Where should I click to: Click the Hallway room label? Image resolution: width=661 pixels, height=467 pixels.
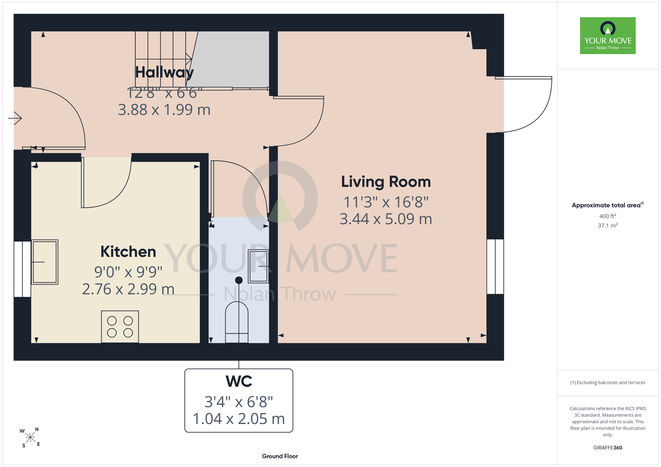click(x=164, y=73)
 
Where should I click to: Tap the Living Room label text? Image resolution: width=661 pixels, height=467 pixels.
click(x=386, y=182)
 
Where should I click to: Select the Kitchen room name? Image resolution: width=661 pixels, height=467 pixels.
click(x=128, y=252)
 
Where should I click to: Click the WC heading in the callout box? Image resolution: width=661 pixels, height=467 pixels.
click(x=239, y=381)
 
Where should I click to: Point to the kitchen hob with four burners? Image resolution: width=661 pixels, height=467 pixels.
click(x=120, y=327)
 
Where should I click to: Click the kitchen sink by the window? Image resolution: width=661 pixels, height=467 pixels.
click(x=45, y=262)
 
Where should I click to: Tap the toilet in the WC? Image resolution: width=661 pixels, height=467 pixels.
click(x=237, y=322)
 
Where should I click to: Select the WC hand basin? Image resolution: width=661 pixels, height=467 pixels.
click(x=258, y=266)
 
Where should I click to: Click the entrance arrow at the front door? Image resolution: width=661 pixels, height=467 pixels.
click(x=15, y=118)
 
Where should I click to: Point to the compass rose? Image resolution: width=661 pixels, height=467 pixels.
click(x=30, y=438)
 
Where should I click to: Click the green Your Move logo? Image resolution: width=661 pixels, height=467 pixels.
click(x=608, y=36)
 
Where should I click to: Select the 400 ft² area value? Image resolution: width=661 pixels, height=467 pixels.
click(x=608, y=216)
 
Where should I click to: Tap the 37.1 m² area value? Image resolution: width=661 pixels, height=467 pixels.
click(x=608, y=225)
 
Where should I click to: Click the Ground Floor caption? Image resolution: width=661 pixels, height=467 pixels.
click(x=280, y=456)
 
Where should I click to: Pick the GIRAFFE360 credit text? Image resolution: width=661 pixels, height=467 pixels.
click(x=608, y=448)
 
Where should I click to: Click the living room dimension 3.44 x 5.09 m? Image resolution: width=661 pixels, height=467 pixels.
click(x=386, y=219)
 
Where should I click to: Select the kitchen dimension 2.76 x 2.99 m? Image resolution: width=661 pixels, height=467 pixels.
click(x=128, y=289)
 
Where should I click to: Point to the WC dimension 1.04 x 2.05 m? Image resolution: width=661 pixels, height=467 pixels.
click(x=239, y=419)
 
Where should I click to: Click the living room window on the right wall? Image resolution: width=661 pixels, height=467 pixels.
click(x=495, y=267)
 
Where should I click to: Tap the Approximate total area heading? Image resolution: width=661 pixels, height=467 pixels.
click(x=608, y=205)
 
